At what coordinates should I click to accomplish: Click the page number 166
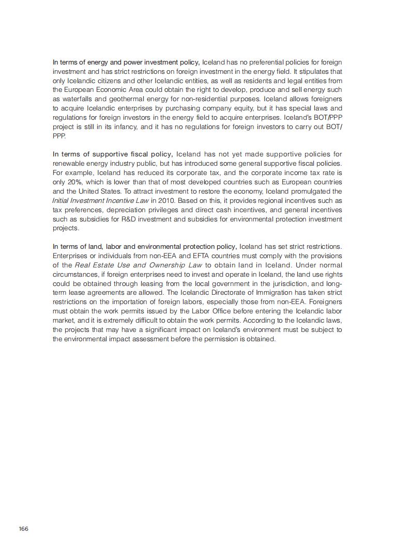(23, 529)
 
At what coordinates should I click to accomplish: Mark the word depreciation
(129, 210)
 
